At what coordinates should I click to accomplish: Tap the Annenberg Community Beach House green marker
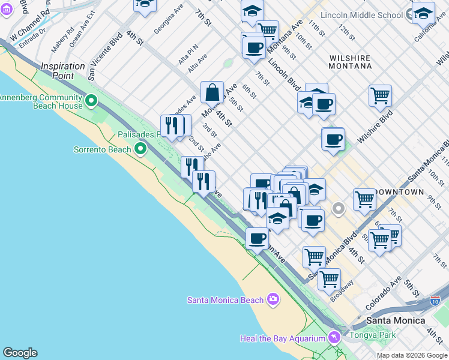91,101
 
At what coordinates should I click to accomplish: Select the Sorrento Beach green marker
140,148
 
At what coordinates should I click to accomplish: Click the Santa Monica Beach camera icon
273,299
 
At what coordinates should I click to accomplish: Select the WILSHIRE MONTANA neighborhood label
349,63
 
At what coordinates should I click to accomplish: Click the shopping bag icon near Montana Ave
212,93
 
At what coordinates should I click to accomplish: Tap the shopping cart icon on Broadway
329,278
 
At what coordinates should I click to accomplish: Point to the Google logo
20,353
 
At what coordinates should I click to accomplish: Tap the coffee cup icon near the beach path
257,238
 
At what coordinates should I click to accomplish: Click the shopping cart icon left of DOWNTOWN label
364,200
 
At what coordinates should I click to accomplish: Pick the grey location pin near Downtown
339,209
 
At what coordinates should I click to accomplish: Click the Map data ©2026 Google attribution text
412,355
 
